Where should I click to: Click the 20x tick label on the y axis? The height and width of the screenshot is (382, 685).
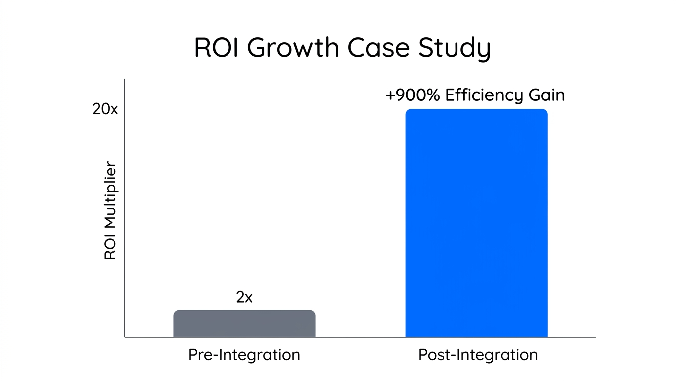(105, 109)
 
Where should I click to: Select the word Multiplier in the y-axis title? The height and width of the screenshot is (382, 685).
(110, 195)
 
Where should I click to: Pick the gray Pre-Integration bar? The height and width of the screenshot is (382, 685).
(244, 324)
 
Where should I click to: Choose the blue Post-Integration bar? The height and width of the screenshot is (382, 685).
(476, 223)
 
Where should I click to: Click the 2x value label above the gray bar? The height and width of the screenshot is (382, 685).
(244, 297)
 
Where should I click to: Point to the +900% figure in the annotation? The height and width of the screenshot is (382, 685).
(413, 95)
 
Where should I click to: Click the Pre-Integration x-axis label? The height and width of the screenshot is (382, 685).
(244, 355)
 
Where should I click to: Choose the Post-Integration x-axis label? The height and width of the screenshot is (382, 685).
(478, 355)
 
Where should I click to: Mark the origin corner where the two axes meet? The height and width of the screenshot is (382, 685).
(125, 337)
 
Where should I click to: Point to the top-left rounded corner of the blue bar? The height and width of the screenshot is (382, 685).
(408, 111)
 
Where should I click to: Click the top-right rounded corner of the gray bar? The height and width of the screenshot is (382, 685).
(313, 312)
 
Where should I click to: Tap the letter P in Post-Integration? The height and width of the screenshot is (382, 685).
(423, 355)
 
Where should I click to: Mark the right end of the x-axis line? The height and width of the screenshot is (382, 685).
(595, 337)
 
